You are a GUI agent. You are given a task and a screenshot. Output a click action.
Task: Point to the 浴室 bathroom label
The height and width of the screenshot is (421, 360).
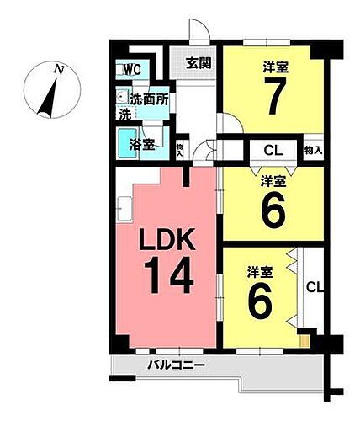pos(142,144)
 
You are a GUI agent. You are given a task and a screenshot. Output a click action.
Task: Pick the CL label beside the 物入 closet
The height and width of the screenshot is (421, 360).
pos(273,151)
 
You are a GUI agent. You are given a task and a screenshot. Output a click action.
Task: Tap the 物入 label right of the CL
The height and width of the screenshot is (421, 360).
pos(311,151)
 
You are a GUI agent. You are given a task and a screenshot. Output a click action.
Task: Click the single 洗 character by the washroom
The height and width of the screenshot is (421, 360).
pos(124,113)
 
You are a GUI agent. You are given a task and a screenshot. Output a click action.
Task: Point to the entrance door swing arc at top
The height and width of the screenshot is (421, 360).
pos(199,34)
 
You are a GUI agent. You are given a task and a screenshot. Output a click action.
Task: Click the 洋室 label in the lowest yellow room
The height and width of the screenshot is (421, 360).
pos(259,272)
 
